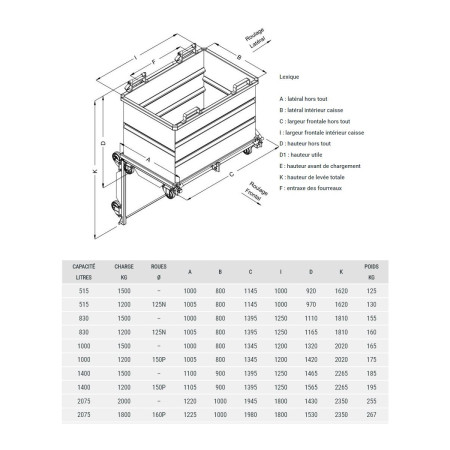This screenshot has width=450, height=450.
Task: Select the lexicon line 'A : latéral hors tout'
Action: point(313,99)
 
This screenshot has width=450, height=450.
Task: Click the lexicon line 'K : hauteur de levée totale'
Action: point(320,176)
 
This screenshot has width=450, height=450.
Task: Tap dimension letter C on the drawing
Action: point(231,171)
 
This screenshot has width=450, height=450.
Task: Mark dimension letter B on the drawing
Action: point(239,60)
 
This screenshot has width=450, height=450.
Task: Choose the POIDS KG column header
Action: point(371,271)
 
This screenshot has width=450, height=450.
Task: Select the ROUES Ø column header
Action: point(158,271)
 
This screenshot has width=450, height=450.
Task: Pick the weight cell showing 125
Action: point(371,290)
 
